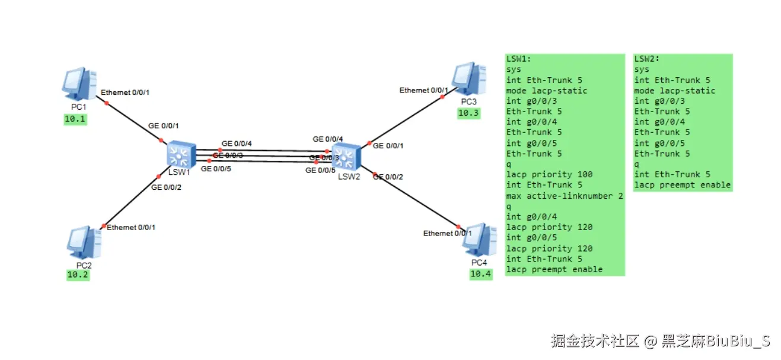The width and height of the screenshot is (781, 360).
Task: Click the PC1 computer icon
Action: (x=79, y=84)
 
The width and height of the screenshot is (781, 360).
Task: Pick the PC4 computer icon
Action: (x=479, y=240)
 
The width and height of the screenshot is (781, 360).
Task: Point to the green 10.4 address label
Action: (x=481, y=274)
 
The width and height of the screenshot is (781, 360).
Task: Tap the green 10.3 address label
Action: (x=468, y=113)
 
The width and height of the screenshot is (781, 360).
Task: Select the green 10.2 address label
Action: (x=78, y=275)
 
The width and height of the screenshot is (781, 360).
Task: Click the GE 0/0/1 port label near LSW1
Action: (x=164, y=126)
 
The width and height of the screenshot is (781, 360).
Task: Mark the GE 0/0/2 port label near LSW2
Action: (x=388, y=177)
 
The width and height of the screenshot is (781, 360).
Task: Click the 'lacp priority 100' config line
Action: (x=549, y=174)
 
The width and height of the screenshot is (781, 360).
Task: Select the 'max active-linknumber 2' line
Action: (x=565, y=196)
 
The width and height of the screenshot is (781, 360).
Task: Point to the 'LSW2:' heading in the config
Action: (x=647, y=59)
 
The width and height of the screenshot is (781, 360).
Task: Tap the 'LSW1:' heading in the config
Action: (x=519, y=59)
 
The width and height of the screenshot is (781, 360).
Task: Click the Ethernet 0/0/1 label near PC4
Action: (x=447, y=233)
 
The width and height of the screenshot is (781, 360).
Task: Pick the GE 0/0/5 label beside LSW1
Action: (x=216, y=168)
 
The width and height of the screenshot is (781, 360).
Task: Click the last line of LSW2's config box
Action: (x=682, y=185)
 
